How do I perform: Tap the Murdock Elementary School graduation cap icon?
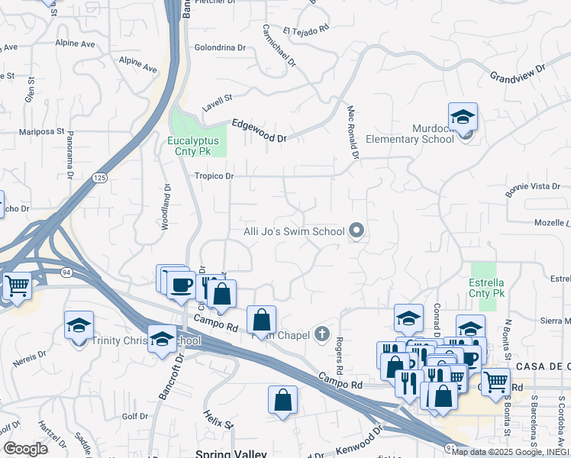click(x=463, y=118)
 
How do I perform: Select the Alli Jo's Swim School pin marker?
click(x=356, y=230)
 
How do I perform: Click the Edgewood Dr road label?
click(x=259, y=131)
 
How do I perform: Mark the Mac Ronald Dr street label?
click(x=353, y=132)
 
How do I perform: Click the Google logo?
click(x=25, y=448)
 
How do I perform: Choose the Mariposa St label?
click(x=41, y=131)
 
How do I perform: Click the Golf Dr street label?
click(x=134, y=416)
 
